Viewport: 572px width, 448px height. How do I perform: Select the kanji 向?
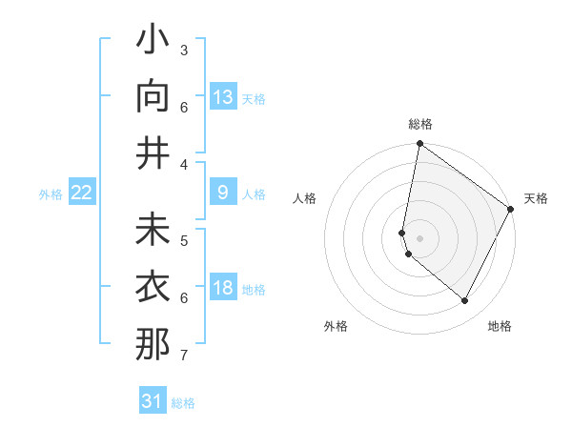pyautogui.click(x=153, y=97)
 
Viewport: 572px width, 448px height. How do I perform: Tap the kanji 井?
pyautogui.click(x=153, y=153)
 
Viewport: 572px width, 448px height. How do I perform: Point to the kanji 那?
pyautogui.click(x=153, y=344)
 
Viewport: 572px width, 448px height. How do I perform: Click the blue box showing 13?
pyautogui.click(x=223, y=97)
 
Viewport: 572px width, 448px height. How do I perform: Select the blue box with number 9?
pyautogui.click(x=223, y=193)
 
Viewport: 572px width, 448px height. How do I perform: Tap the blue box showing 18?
pyautogui.click(x=223, y=288)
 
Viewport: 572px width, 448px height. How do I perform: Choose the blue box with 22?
pyautogui.click(x=82, y=193)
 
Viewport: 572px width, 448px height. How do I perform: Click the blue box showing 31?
pyautogui.click(x=153, y=401)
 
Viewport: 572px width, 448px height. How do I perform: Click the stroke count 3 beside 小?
pyautogui.click(x=184, y=50)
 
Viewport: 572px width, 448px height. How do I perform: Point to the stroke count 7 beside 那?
pyautogui.click(x=184, y=356)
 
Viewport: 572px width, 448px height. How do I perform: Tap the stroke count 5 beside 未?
pyautogui.click(x=184, y=240)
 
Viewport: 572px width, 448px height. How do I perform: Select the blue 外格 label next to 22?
pyautogui.click(x=51, y=193)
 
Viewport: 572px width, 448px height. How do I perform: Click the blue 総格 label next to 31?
pyautogui.click(x=183, y=403)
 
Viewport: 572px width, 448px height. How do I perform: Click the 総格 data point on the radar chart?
pyautogui.click(x=419, y=144)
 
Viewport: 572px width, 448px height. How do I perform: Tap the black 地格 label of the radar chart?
pyautogui.click(x=500, y=326)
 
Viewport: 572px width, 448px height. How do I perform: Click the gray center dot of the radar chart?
pyautogui.click(x=419, y=237)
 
